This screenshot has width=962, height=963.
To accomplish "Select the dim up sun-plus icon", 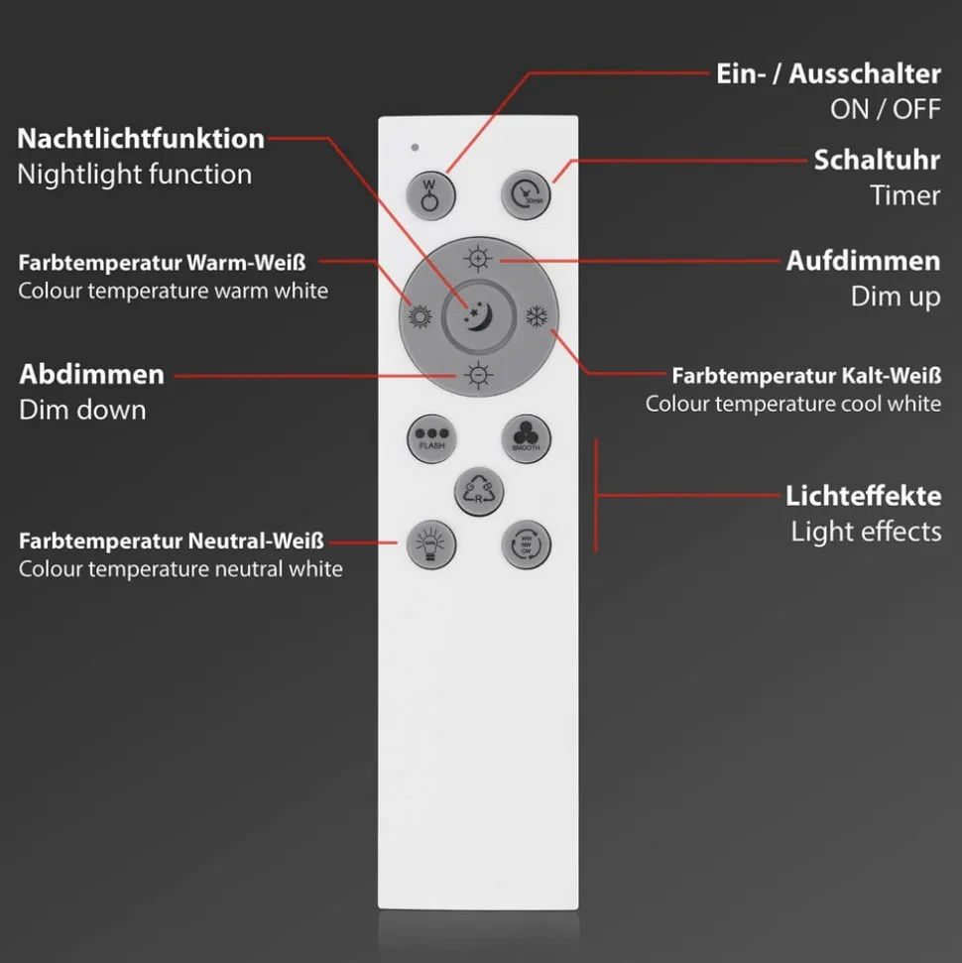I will coord(479,260).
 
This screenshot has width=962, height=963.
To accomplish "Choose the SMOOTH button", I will coord(526,437).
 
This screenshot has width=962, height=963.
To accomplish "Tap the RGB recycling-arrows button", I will coord(479,491).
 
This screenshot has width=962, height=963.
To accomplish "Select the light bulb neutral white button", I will coord(429,544).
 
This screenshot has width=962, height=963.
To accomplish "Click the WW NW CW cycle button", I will coord(526,544).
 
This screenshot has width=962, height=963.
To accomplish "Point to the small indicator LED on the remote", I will coord(415,148).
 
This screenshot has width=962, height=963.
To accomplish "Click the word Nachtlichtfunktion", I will coord(141,139).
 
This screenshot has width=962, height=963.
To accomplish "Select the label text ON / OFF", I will coord(885,109).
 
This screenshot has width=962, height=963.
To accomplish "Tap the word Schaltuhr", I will coord(877,160).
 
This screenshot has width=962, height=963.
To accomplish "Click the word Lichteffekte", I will coord(863,495).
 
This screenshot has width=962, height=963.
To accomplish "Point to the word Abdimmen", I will coord(91,375).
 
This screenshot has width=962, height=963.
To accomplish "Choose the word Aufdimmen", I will coord(863,261).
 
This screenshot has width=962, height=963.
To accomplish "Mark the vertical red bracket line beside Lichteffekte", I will coord(595,494).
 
